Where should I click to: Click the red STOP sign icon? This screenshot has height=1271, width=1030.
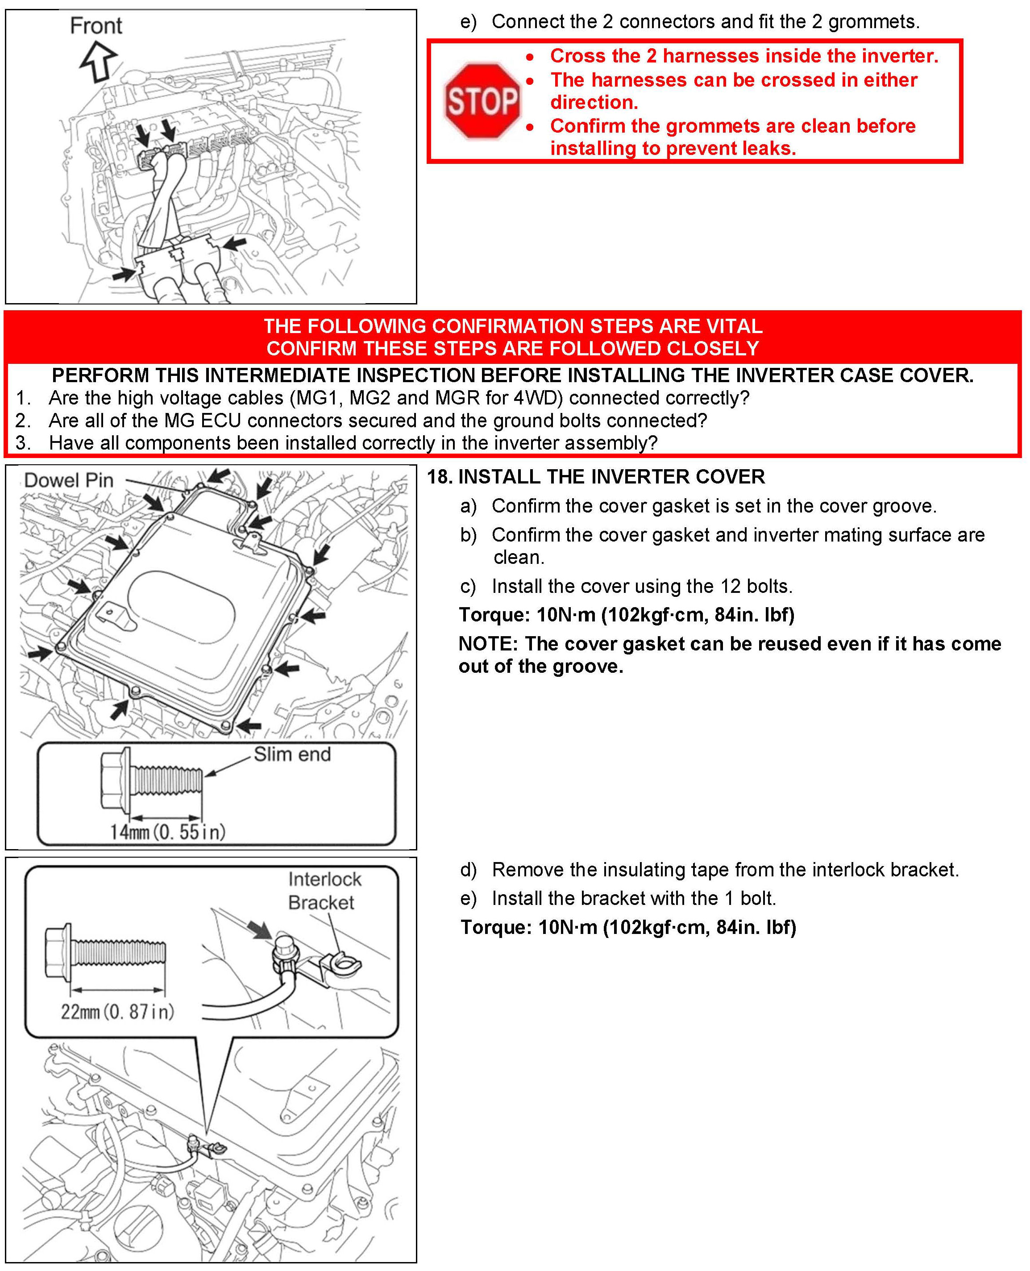(482, 101)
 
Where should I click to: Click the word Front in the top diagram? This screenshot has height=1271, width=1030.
(96, 26)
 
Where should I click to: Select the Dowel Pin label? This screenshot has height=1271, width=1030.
(68, 480)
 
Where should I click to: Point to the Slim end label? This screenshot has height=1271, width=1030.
(292, 754)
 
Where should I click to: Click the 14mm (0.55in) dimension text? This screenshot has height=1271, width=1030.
(167, 831)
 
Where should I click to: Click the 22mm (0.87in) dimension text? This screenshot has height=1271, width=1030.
(117, 1011)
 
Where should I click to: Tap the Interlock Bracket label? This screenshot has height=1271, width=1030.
(324, 890)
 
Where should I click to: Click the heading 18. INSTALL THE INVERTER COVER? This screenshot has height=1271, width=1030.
(596, 476)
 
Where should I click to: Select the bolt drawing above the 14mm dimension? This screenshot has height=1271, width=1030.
(151, 779)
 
